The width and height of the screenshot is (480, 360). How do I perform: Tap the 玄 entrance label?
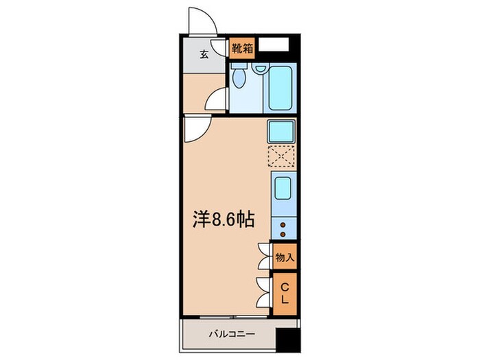point(204,56)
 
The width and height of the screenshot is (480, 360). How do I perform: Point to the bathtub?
point(282,88)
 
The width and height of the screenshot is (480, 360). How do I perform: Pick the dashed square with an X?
point(281,157)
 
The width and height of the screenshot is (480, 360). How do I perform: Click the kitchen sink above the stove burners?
point(282,187)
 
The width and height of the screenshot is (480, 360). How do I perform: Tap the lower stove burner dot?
point(282,234)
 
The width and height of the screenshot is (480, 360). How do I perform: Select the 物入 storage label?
point(285,258)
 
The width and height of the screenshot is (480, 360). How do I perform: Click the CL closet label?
point(285,293)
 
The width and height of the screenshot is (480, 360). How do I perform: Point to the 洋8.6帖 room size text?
point(223,220)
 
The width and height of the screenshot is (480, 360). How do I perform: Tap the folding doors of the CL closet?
point(264,293)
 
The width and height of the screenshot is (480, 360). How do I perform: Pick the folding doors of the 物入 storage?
point(264,257)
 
